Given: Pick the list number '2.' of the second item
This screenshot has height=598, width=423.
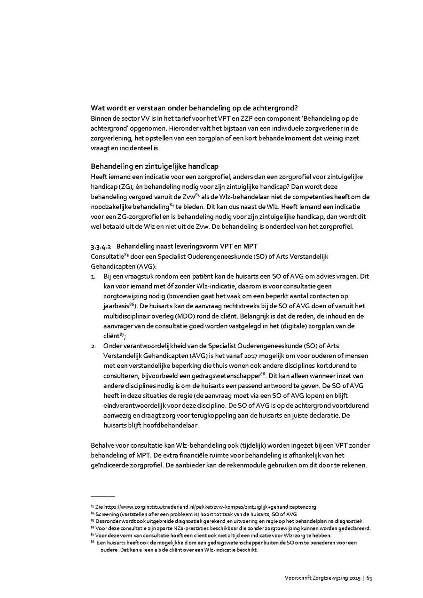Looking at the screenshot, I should (93, 346).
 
